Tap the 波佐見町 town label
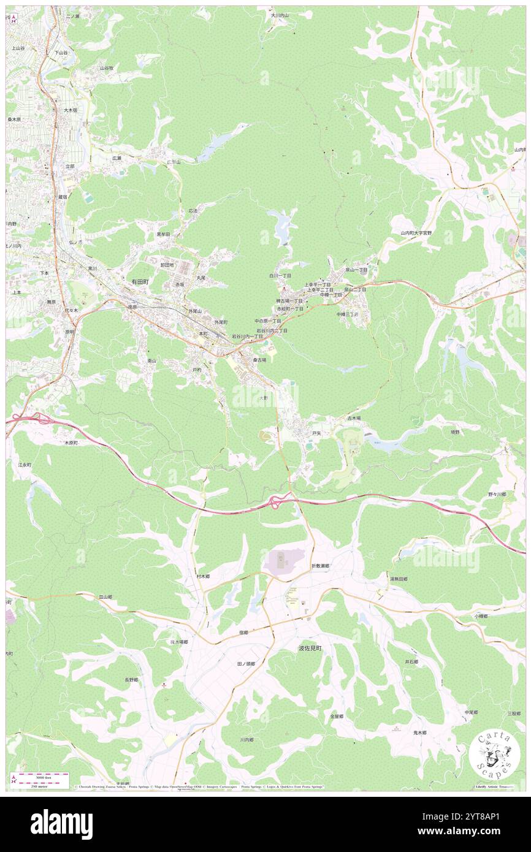(310, 648)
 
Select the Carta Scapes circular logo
(495, 753)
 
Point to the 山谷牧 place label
(107, 68)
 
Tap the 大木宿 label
(71, 110)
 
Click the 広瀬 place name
(117, 158)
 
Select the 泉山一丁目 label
(356, 270)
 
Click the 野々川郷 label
(497, 494)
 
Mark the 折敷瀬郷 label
(320, 566)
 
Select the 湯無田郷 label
(399, 579)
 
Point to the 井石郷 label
(411, 662)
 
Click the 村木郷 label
(203, 577)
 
